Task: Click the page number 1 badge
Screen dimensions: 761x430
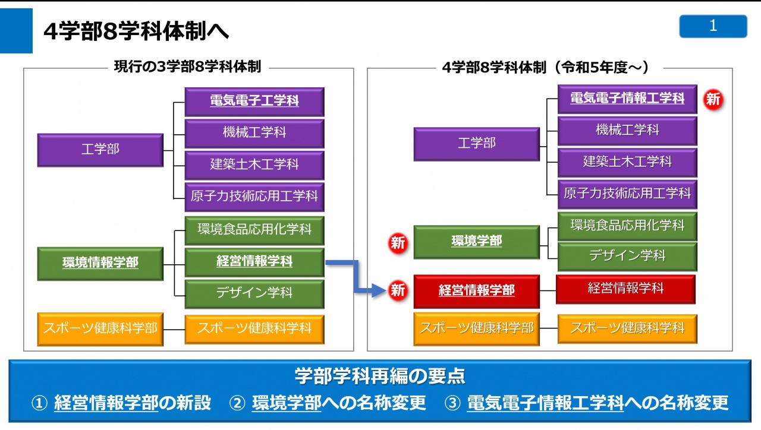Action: click(713, 26)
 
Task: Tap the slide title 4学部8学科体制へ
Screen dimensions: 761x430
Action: click(136, 31)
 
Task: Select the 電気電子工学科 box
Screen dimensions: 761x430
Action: click(254, 102)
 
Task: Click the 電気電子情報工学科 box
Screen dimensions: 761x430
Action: click(627, 99)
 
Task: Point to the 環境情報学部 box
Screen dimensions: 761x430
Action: click(100, 264)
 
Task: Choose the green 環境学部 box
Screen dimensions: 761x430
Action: click(476, 242)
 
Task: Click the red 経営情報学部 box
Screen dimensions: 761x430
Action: click(476, 291)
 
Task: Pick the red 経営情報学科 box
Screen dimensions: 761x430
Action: click(625, 289)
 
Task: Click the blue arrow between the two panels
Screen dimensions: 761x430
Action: click(356, 277)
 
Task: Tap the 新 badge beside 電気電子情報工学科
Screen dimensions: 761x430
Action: click(713, 99)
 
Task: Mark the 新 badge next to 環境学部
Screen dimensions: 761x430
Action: click(398, 244)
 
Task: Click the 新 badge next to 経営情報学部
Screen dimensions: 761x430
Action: click(398, 290)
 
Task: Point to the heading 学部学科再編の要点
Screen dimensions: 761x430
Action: click(380, 376)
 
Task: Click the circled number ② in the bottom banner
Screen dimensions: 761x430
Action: click(237, 403)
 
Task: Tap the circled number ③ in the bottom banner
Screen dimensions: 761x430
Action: click(452, 403)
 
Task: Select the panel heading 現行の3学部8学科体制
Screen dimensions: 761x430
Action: click(187, 67)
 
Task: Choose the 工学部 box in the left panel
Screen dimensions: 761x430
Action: click(100, 150)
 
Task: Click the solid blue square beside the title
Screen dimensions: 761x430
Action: click(16, 31)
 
